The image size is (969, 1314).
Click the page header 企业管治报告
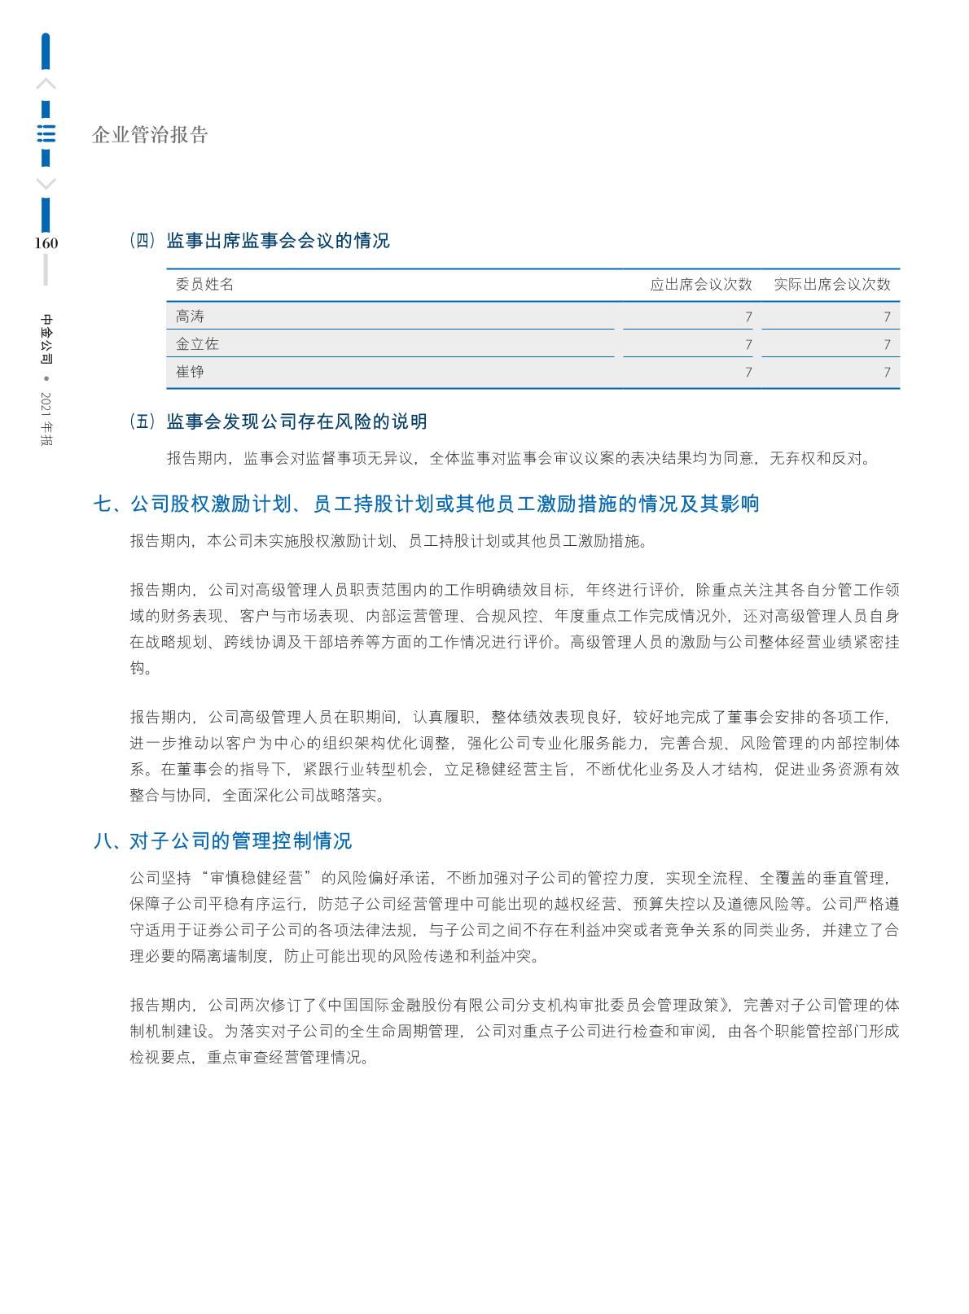tap(151, 135)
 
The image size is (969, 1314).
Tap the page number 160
tap(46, 242)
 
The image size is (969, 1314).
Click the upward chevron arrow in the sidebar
tap(46, 83)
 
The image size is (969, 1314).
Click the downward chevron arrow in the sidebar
tap(46, 184)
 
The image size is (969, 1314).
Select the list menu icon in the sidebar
tap(46, 133)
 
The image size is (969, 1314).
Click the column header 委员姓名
tap(204, 284)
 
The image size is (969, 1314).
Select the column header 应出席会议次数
tap(700, 284)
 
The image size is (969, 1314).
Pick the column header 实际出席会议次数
tap(831, 284)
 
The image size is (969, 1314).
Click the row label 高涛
tap(190, 316)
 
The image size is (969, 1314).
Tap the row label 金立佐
tap(197, 344)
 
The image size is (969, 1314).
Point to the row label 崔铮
tap(190, 372)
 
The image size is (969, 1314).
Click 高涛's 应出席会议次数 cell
tap(748, 316)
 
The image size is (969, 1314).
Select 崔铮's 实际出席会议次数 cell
tap(887, 373)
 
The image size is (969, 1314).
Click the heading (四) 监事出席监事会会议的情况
tap(260, 241)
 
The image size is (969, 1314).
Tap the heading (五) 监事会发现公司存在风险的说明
tap(278, 421)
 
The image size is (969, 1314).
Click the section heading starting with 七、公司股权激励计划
tap(427, 504)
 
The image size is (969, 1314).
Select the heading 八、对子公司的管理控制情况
tap(222, 840)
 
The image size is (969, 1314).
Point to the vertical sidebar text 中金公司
tap(46, 338)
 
